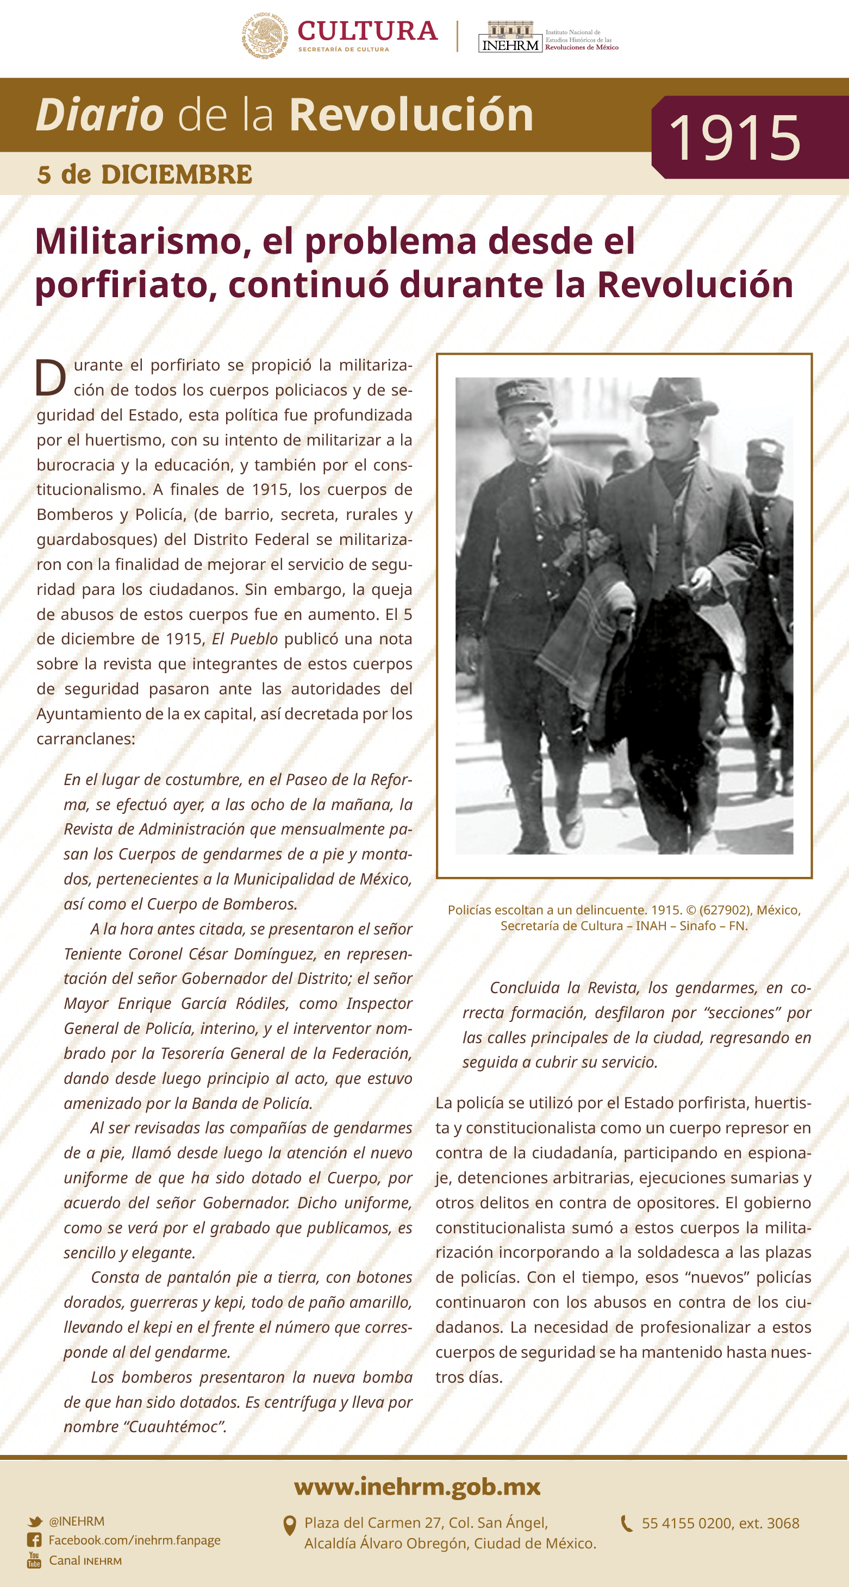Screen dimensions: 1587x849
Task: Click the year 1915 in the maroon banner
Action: tap(734, 137)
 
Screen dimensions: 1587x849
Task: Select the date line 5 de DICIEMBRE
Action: tap(145, 174)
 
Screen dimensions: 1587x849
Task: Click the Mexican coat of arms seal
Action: tap(265, 36)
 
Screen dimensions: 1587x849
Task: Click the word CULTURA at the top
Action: tap(367, 31)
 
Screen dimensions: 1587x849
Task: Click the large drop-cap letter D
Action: tap(50, 377)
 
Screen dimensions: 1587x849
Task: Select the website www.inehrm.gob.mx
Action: tap(417, 1486)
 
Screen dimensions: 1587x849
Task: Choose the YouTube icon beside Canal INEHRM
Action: tap(34, 1560)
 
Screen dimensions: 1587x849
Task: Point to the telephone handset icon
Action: tap(626, 1523)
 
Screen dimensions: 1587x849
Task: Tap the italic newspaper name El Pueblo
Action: tap(245, 639)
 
